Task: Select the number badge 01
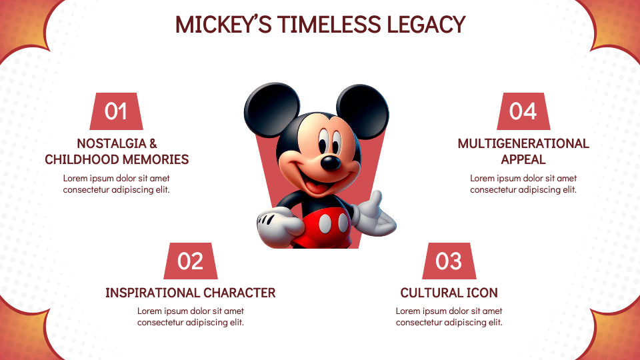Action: point(116,111)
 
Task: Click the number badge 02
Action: point(190,261)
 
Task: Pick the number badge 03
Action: point(449,261)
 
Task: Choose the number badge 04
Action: point(523,111)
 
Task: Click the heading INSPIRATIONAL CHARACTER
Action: point(190,293)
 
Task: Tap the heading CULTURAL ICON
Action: point(449,293)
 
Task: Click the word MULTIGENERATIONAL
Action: point(523,143)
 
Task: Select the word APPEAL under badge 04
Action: point(523,159)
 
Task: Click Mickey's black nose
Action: point(329,163)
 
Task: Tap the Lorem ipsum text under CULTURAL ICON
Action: point(449,317)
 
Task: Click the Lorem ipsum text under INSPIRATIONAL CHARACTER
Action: point(190,317)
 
